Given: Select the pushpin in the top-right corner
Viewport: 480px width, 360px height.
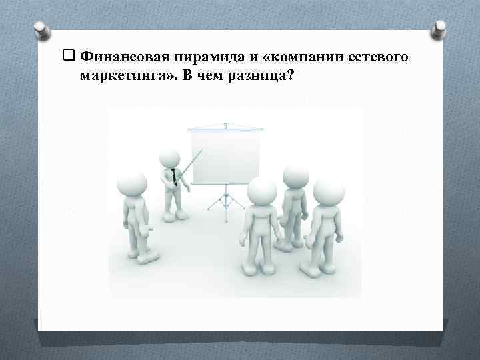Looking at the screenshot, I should pos(440,29).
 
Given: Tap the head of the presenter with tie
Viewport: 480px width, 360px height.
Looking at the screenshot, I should pos(170,158).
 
